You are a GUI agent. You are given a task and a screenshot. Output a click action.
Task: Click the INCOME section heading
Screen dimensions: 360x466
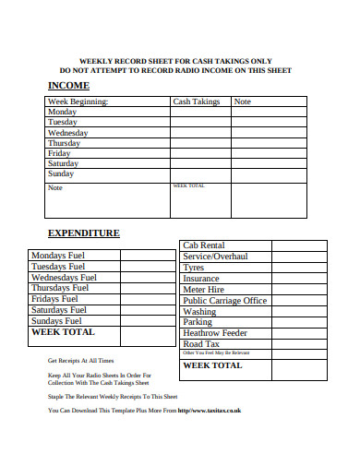click(68, 85)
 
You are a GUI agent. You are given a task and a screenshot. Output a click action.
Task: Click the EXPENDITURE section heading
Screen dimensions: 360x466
click(84, 233)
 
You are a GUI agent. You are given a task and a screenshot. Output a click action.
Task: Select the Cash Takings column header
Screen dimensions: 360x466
click(197, 102)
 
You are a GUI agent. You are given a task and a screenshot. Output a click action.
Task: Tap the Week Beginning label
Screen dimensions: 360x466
click(78, 102)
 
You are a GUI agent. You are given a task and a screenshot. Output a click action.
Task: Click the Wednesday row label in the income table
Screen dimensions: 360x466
click(67, 133)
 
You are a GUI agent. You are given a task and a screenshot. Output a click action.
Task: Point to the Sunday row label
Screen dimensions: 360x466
click(61, 173)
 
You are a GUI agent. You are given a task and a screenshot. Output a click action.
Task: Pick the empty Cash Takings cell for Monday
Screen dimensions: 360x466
click(199, 112)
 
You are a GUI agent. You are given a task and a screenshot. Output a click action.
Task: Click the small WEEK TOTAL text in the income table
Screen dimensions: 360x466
click(188, 185)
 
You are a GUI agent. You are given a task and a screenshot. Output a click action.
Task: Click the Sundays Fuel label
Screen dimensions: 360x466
click(63, 321)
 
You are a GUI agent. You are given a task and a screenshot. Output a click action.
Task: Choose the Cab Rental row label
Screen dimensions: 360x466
click(204, 245)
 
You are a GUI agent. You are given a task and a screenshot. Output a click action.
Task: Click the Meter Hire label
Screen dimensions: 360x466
click(204, 290)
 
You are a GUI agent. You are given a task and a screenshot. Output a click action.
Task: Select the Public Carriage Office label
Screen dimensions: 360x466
click(225, 301)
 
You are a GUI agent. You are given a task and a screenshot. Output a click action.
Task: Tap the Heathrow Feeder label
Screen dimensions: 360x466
click(215, 333)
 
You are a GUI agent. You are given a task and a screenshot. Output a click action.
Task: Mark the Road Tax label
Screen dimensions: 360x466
click(200, 344)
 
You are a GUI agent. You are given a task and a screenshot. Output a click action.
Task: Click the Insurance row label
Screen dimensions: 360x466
click(201, 279)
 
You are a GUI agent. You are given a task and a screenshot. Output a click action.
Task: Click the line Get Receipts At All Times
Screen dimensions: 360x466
click(81, 361)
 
